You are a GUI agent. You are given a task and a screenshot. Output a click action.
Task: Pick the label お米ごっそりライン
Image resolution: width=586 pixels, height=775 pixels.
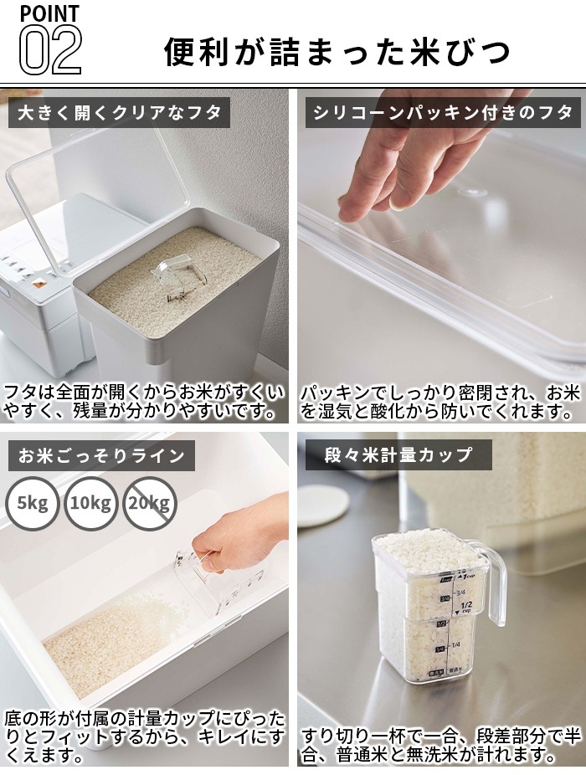(100, 456)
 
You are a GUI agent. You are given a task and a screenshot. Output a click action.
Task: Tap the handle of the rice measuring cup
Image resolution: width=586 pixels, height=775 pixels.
(494, 586)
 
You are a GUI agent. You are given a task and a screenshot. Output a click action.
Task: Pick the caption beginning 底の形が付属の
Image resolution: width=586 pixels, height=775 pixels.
(144, 737)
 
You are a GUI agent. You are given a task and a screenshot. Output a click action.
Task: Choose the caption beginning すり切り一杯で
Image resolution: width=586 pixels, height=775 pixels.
(440, 745)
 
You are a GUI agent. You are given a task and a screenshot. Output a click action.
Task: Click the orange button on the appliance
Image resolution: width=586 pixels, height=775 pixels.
(37, 284)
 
